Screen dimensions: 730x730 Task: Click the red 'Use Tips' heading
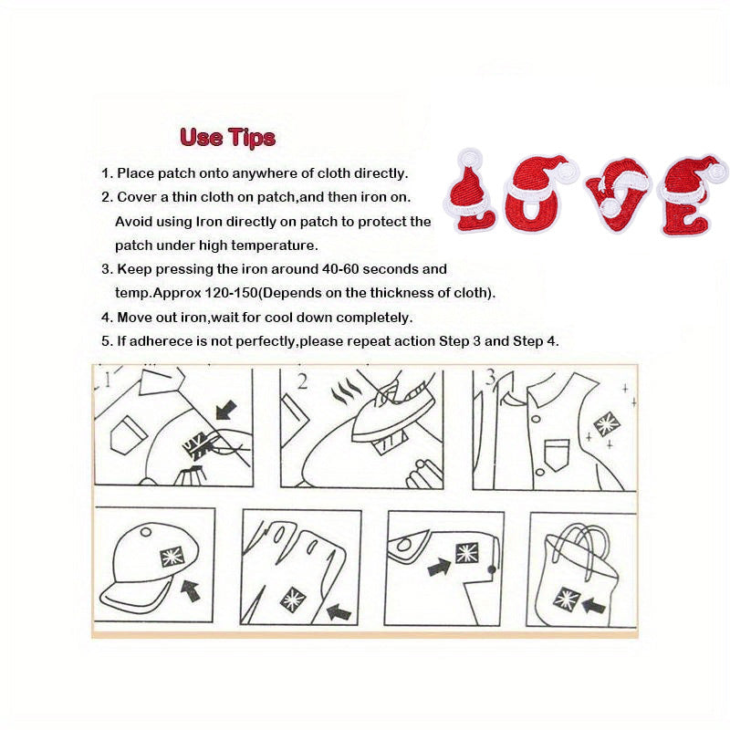point(227,138)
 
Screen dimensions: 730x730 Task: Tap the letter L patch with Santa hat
point(469,192)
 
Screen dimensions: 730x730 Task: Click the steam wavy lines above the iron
point(343,392)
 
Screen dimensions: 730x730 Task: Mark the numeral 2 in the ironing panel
point(302,382)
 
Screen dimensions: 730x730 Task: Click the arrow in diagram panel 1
point(226,412)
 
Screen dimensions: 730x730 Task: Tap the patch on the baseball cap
point(172,557)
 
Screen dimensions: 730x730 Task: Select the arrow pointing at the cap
point(191,590)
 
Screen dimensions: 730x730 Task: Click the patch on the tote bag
point(567,599)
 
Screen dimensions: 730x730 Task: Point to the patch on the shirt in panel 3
point(606,424)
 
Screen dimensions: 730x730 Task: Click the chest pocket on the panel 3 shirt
point(557,454)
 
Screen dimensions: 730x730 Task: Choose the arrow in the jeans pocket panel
point(440,567)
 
